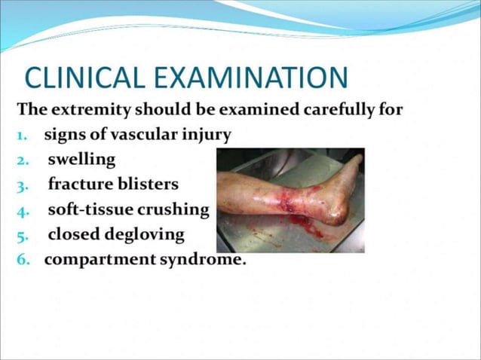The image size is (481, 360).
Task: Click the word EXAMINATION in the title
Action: [253, 78]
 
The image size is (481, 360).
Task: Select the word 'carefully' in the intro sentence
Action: [336, 110]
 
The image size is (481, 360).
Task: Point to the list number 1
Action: [23, 136]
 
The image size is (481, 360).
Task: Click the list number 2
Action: [23, 161]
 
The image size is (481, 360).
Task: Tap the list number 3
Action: [23, 185]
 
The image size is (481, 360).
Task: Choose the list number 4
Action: [23, 210]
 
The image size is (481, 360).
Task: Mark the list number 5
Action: [23, 235]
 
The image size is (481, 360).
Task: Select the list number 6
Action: [23, 260]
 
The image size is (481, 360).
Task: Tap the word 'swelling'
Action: [81, 160]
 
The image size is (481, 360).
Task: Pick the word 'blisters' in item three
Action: [151, 185]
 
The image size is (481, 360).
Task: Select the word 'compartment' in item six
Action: [95, 260]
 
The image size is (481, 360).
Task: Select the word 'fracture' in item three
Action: [81, 185]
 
